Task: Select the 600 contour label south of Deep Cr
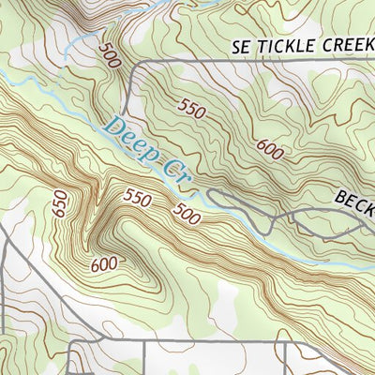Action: [104, 264]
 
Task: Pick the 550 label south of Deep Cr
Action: [137, 198]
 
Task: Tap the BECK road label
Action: [353, 200]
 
